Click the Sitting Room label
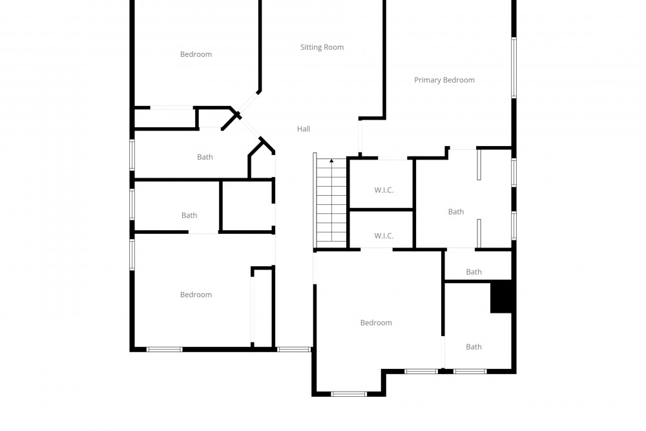coord(322,47)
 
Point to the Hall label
coord(303,129)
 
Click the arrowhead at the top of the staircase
coord(331,161)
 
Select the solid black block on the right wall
coord(501,296)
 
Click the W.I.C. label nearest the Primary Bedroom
coord(384,191)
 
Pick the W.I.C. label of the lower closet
coord(384,236)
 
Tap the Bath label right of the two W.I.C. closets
coord(455,212)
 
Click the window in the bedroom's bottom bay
coord(349,394)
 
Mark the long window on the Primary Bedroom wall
coord(514,68)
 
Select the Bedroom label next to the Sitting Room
coord(196,54)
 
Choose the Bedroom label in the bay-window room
coord(376,323)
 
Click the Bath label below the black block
coord(474,347)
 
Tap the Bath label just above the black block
coord(474,272)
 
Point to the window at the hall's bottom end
coord(294,350)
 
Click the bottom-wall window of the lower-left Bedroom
coord(164,350)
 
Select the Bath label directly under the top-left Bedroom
coord(205,157)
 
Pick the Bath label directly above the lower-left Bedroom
coord(189,216)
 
